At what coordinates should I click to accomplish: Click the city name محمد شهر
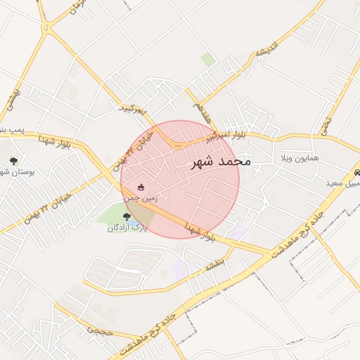coord(221,162)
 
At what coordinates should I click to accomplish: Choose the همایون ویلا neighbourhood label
coord(300,157)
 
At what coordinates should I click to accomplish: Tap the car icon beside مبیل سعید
coord(356,173)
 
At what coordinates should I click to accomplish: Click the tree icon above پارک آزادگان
coord(127,217)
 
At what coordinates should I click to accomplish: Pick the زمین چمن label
coord(141,198)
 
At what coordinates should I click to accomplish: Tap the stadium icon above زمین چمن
coord(141,188)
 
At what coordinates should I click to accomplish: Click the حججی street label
coord(100,329)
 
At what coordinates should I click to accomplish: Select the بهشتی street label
coord(11,103)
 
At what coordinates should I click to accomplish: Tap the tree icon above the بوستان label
coord(13,161)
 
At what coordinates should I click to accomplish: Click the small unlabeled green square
coord(208,59)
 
